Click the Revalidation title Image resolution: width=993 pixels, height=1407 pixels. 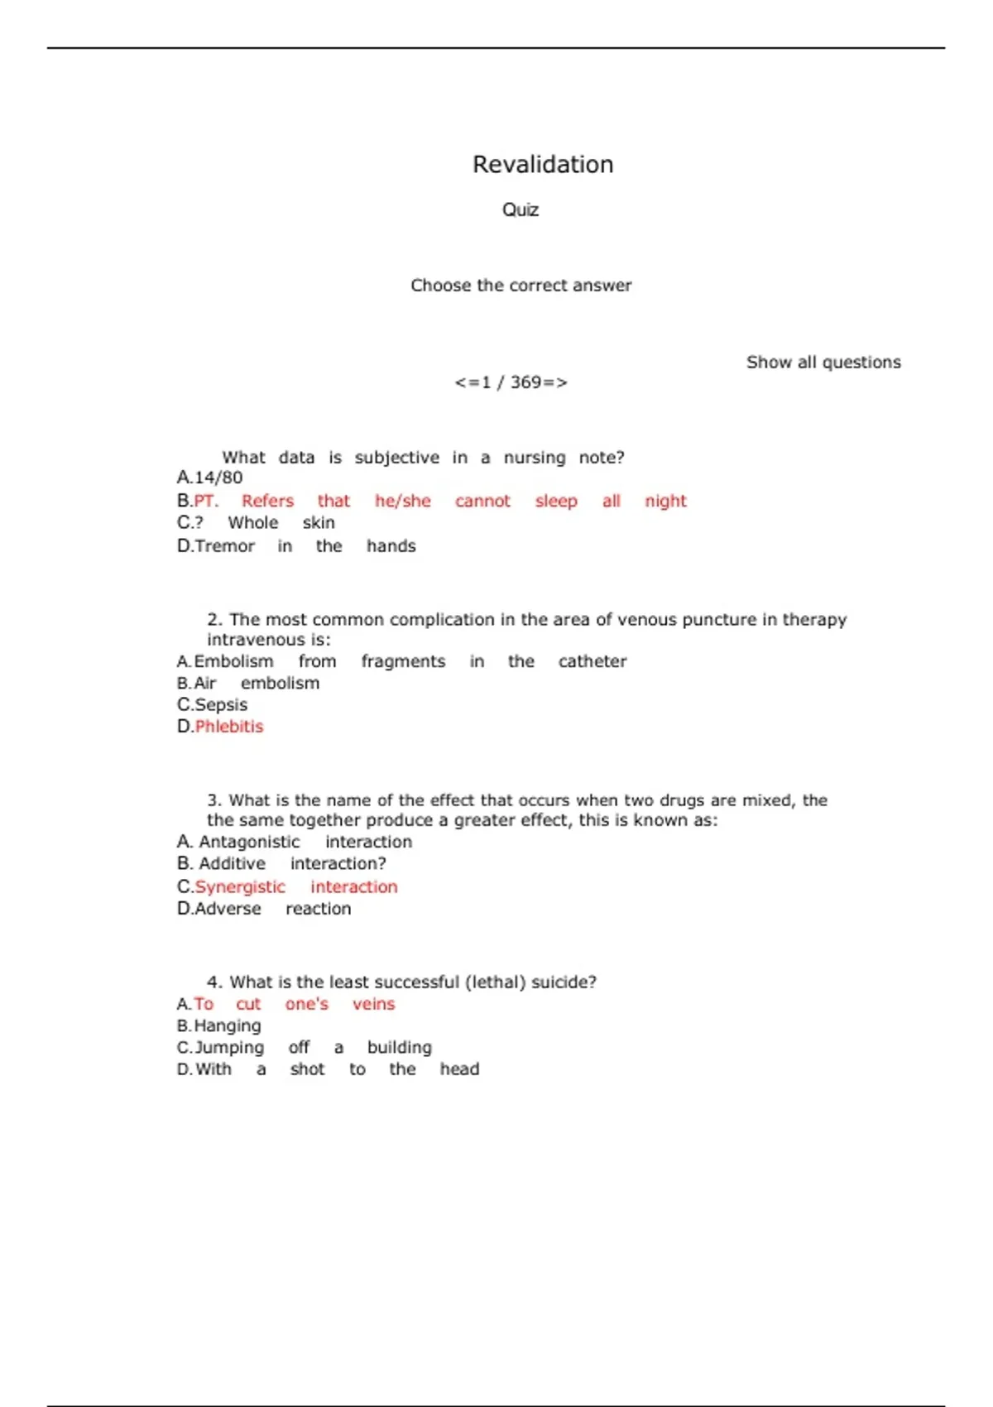click(x=543, y=165)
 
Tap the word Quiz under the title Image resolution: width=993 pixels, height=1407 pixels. click(x=520, y=210)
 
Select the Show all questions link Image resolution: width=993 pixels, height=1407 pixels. click(x=823, y=363)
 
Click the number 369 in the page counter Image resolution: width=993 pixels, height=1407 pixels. click(x=525, y=382)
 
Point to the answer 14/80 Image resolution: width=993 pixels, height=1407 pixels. click(x=218, y=478)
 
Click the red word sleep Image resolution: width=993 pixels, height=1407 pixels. click(x=556, y=501)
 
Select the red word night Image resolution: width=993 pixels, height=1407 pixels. click(x=665, y=501)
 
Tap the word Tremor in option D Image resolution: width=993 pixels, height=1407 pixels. click(x=225, y=546)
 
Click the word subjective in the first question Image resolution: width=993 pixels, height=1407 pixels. click(x=397, y=458)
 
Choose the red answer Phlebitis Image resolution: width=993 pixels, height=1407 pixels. click(x=229, y=727)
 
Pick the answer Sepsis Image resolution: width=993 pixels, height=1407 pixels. click(x=221, y=705)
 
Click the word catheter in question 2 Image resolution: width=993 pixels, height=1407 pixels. click(x=592, y=661)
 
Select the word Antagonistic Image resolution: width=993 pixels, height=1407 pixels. click(x=249, y=842)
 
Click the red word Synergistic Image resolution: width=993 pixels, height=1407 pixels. click(x=240, y=887)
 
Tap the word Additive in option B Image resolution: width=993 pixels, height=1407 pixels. click(x=233, y=864)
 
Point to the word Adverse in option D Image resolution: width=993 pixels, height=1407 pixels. click(x=228, y=909)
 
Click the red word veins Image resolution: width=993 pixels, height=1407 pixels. click(x=373, y=1004)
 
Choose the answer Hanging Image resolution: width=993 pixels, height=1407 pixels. click(x=228, y=1026)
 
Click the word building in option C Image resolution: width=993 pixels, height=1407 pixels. click(x=400, y=1048)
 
